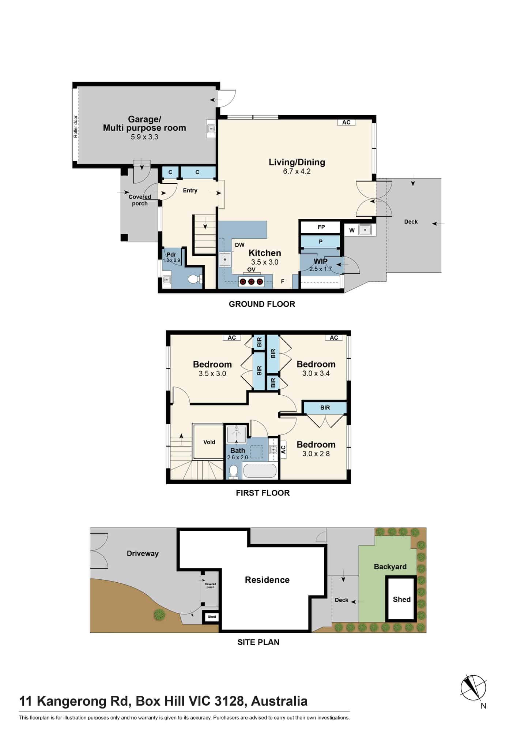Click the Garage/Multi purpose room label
144,124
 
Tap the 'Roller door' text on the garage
76,127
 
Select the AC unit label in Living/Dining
346,123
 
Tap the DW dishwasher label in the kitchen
239,245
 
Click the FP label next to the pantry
321,227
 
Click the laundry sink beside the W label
365,230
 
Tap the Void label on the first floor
209,442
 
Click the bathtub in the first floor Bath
260,471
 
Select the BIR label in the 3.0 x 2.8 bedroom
325,408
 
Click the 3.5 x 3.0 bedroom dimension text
212,374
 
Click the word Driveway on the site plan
143,553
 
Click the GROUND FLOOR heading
262,304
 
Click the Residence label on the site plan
267,580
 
